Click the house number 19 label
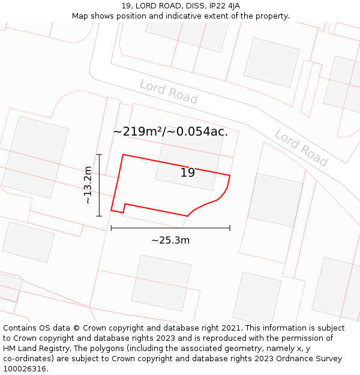(188, 173)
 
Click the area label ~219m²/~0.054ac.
(170, 132)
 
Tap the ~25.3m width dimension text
(170, 241)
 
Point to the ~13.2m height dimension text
(88, 185)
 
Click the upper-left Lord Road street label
(169, 91)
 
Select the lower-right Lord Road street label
(301, 147)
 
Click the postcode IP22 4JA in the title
(224, 6)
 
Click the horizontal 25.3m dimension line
(170, 228)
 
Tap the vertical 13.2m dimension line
(99, 185)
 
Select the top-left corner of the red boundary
(123, 155)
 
